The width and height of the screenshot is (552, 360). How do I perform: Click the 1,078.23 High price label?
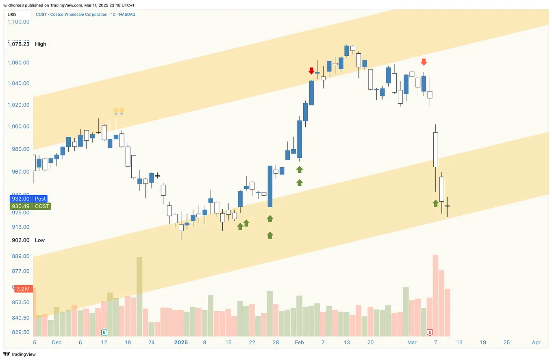(27, 44)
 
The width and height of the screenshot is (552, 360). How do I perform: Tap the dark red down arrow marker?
(311, 71)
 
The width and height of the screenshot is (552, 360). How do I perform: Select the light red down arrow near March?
(424, 62)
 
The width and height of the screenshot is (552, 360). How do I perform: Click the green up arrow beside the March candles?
(435, 203)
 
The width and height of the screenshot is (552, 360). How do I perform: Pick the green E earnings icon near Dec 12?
(104, 332)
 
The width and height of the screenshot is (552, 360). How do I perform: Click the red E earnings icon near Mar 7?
(430, 332)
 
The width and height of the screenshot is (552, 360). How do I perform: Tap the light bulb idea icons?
(118, 111)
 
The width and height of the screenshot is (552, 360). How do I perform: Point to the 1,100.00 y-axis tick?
(18, 22)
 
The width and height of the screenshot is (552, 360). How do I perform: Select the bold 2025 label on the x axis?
(181, 343)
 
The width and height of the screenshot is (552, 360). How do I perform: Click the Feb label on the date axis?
(299, 343)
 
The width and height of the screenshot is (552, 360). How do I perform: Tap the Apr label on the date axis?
(536, 343)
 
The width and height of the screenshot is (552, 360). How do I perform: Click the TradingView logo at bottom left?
(20, 354)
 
